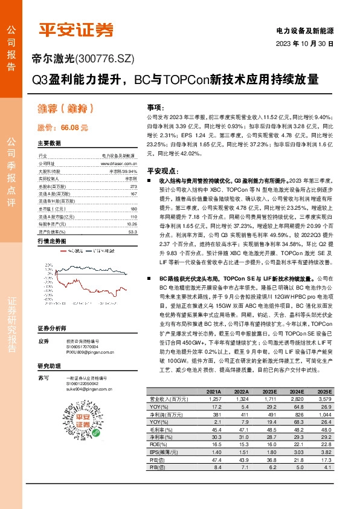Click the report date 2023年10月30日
305,44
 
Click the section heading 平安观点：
165,171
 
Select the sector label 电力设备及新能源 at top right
304,30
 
